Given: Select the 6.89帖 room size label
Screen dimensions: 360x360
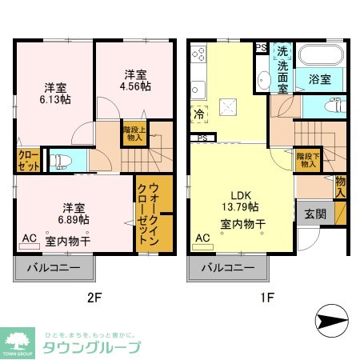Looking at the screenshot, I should [73, 218].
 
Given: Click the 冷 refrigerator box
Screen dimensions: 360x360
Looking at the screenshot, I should [197, 114].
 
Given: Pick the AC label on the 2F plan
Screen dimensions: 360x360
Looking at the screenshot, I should [29, 238].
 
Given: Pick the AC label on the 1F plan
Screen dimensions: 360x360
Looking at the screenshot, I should [202, 238].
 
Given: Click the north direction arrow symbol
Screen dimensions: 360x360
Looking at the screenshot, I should [329, 322].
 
